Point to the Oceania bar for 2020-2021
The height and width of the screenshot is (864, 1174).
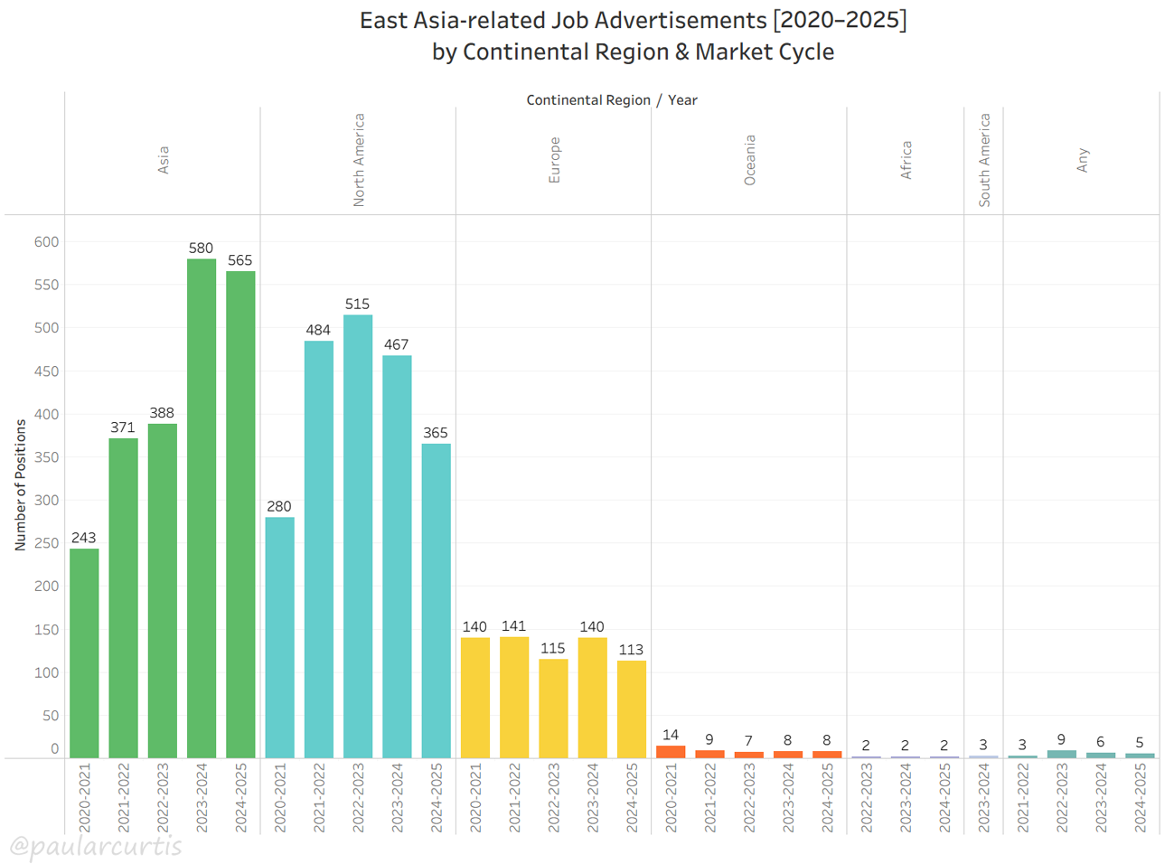pyautogui.click(x=671, y=752)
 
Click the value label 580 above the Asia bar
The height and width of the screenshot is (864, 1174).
pyautogui.click(x=201, y=248)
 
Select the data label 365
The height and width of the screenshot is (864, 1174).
pyautogui.click(x=436, y=433)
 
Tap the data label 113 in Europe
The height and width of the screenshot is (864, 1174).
pyautogui.click(x=631, y=650)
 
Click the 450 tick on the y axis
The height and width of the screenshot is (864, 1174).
pyautogui.click(x=46, y=371)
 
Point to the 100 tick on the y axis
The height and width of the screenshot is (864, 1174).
pyautogui.click(x=46, y=672)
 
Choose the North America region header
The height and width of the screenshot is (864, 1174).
pyautogui.click(x=359, y=160)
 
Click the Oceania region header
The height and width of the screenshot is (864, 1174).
pyautogui.click(x=749, y=160)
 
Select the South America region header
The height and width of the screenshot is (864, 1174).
pyautogui.click(x=984, y=160)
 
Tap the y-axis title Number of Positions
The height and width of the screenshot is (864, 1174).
pyautogui.click(x=20, y=485)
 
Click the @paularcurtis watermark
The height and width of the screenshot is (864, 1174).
pyautogui.click(x=96, y=847)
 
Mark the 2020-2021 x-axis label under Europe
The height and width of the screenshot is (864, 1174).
pyautogui.click(x=475, y=797)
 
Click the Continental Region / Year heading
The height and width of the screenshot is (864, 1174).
pyautogui.click(x=612, y=100)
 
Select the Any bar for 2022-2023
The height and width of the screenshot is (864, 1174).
pyautogui.click(x=1061, y=754)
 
